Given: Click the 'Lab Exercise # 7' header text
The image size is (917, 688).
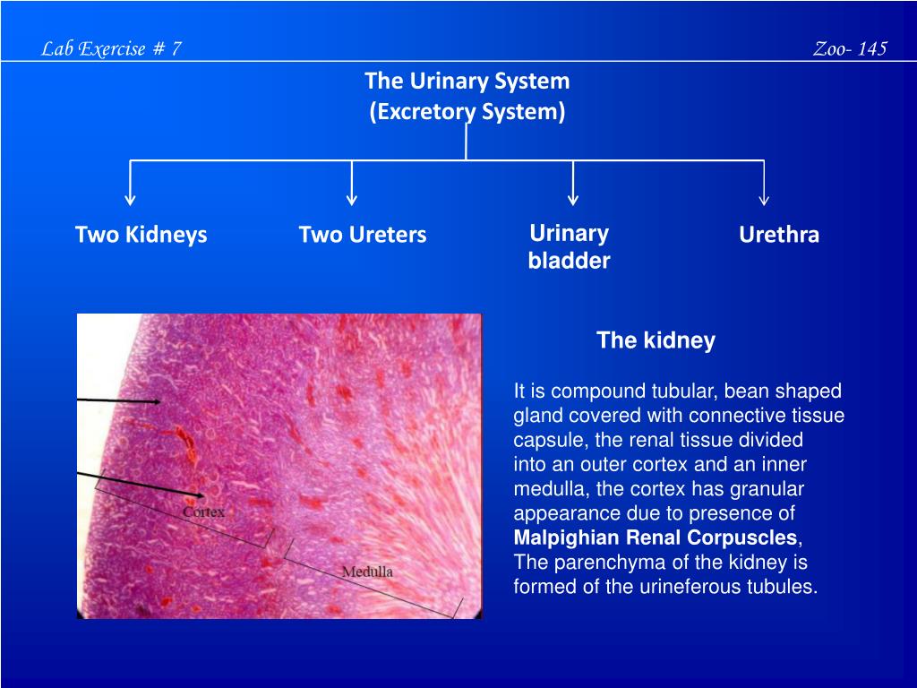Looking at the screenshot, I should coord(112,49).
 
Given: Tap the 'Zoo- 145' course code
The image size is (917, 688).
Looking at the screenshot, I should coord(850,49).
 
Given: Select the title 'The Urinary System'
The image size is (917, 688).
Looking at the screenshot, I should coord(467,82).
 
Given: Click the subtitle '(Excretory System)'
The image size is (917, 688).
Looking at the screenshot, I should coord(467,112).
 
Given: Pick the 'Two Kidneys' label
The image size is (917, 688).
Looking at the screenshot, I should coord(141,235).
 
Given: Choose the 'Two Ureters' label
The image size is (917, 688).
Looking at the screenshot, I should coord(363,235).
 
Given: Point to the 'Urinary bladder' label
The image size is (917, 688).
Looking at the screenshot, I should coord(569,247).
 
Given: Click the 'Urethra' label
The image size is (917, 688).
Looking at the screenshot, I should coord(779,235).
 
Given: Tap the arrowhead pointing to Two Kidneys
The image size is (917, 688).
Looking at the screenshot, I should coord(131,198).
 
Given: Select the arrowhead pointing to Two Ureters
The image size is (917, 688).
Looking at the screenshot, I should coord(352,198).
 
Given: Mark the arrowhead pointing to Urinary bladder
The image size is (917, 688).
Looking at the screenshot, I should coord(573,198).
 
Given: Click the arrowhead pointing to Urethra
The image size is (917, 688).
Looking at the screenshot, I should coord(764,198).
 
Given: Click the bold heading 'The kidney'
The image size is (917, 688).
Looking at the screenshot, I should coord(656,340).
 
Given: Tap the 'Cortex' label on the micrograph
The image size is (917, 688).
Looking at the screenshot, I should coord(203,512).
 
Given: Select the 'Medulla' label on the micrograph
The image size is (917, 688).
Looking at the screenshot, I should coord(367,572).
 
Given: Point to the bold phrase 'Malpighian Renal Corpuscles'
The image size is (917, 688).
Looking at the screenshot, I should coord(655,538).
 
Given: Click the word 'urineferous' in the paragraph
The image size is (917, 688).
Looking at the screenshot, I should coord(699,588).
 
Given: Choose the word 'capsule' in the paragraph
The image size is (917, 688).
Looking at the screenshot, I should coord(541,441).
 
